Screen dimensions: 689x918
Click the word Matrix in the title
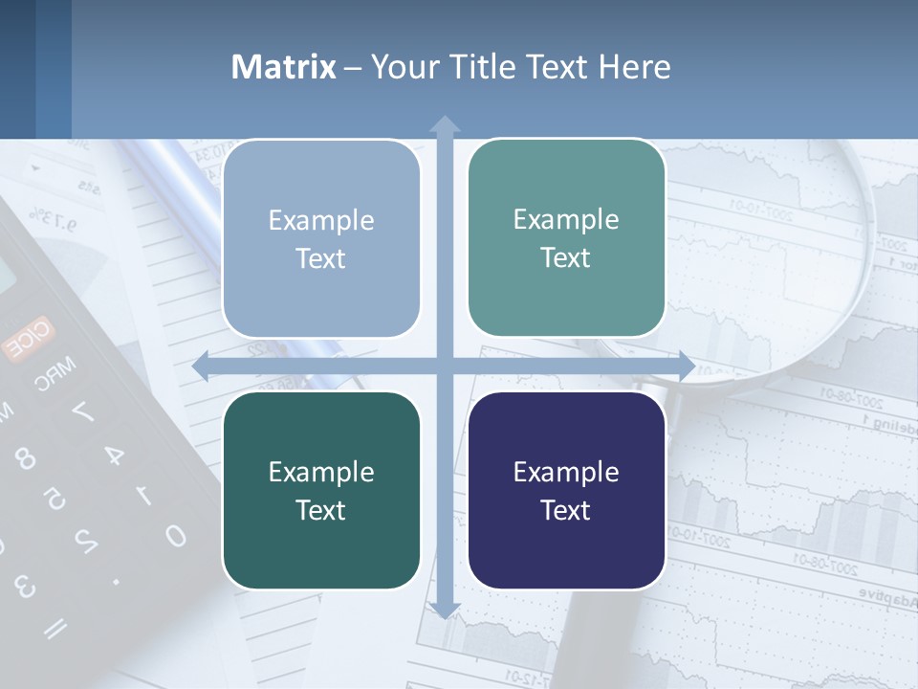click(283, 67)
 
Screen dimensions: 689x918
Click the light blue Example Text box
click(321, 238)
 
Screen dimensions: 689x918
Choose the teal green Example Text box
click(566, 237)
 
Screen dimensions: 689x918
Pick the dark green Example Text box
click(321, 490)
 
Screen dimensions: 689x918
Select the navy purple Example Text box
click(566, 490)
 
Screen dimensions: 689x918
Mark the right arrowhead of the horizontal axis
click(686, 367)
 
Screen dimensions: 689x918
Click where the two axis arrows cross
click(444, 367)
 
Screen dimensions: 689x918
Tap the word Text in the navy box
click(566, 510)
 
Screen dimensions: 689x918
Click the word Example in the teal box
click(566, 219)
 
